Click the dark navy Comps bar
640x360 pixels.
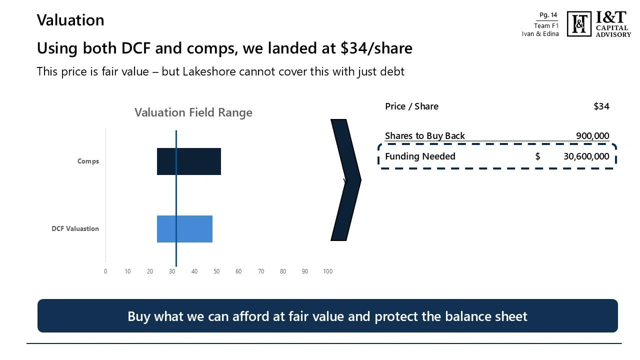tap(189, 161)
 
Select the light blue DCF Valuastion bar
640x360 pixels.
tap(184, 229)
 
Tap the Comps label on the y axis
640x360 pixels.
tap(88, 161)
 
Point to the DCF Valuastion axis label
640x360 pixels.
tap(75, 229)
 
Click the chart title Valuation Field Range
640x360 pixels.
tap(193, 112)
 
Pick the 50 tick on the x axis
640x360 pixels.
tap(216, 271)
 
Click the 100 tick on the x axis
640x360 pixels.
tap(327, 271)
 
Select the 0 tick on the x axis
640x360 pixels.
tap(105, 271)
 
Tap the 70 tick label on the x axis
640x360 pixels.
tap(261, 271)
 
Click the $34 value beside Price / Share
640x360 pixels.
tap(601, 106)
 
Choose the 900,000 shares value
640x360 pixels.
tap(592, 136)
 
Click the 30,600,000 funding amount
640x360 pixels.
tap(586, 156)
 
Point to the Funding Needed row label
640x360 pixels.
tap(420, 156)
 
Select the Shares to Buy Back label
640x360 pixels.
tap(424, 136)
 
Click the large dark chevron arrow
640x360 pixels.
tap(345, 180)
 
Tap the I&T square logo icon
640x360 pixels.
tap(579, 24)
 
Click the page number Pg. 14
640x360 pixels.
tap(548, 15)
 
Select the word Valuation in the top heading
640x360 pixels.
tap(70, 20)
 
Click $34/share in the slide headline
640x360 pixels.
tap(376, 48)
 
